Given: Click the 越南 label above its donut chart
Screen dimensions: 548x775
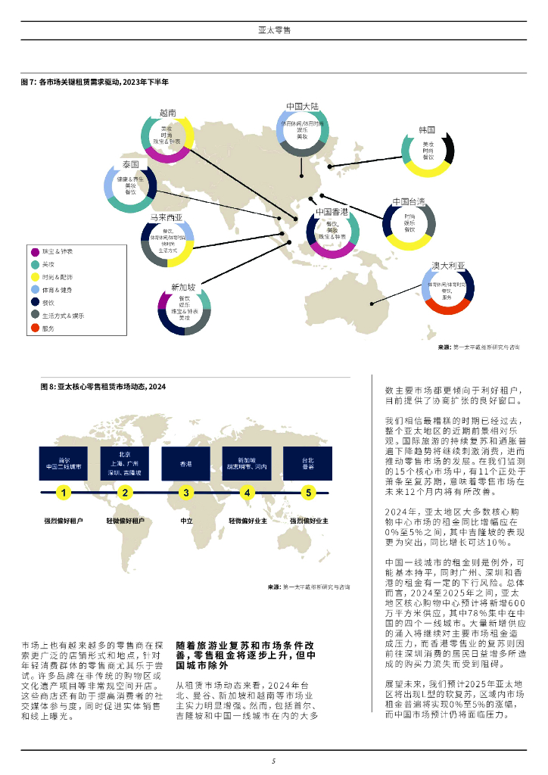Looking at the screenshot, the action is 167,112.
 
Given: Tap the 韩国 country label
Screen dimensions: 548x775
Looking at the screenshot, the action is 427,130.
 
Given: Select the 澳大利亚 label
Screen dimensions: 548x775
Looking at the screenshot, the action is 448,266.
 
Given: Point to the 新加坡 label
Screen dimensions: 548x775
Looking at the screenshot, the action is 183,287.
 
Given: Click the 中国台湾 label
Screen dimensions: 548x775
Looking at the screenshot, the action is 409,201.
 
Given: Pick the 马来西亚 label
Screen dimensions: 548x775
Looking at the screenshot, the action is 166,217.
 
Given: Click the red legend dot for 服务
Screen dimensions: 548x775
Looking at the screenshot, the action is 35,328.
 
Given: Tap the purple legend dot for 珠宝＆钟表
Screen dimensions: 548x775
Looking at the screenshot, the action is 35,251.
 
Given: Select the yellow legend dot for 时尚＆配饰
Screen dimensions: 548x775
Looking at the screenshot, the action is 35,276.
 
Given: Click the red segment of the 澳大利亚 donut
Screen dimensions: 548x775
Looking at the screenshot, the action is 448,308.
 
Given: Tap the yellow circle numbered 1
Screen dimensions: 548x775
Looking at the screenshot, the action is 64,493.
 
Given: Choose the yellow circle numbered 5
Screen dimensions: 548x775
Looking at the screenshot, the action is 307,493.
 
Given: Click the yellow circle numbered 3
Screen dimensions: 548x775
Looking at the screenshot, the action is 186,493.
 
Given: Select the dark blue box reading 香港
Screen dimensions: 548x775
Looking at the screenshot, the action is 186,464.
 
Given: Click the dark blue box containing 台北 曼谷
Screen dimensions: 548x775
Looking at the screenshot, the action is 307,464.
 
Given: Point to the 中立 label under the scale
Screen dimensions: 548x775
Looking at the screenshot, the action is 186,521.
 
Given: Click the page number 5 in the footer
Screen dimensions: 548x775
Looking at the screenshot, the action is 274,761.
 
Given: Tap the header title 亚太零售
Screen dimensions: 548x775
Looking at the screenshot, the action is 274,30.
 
